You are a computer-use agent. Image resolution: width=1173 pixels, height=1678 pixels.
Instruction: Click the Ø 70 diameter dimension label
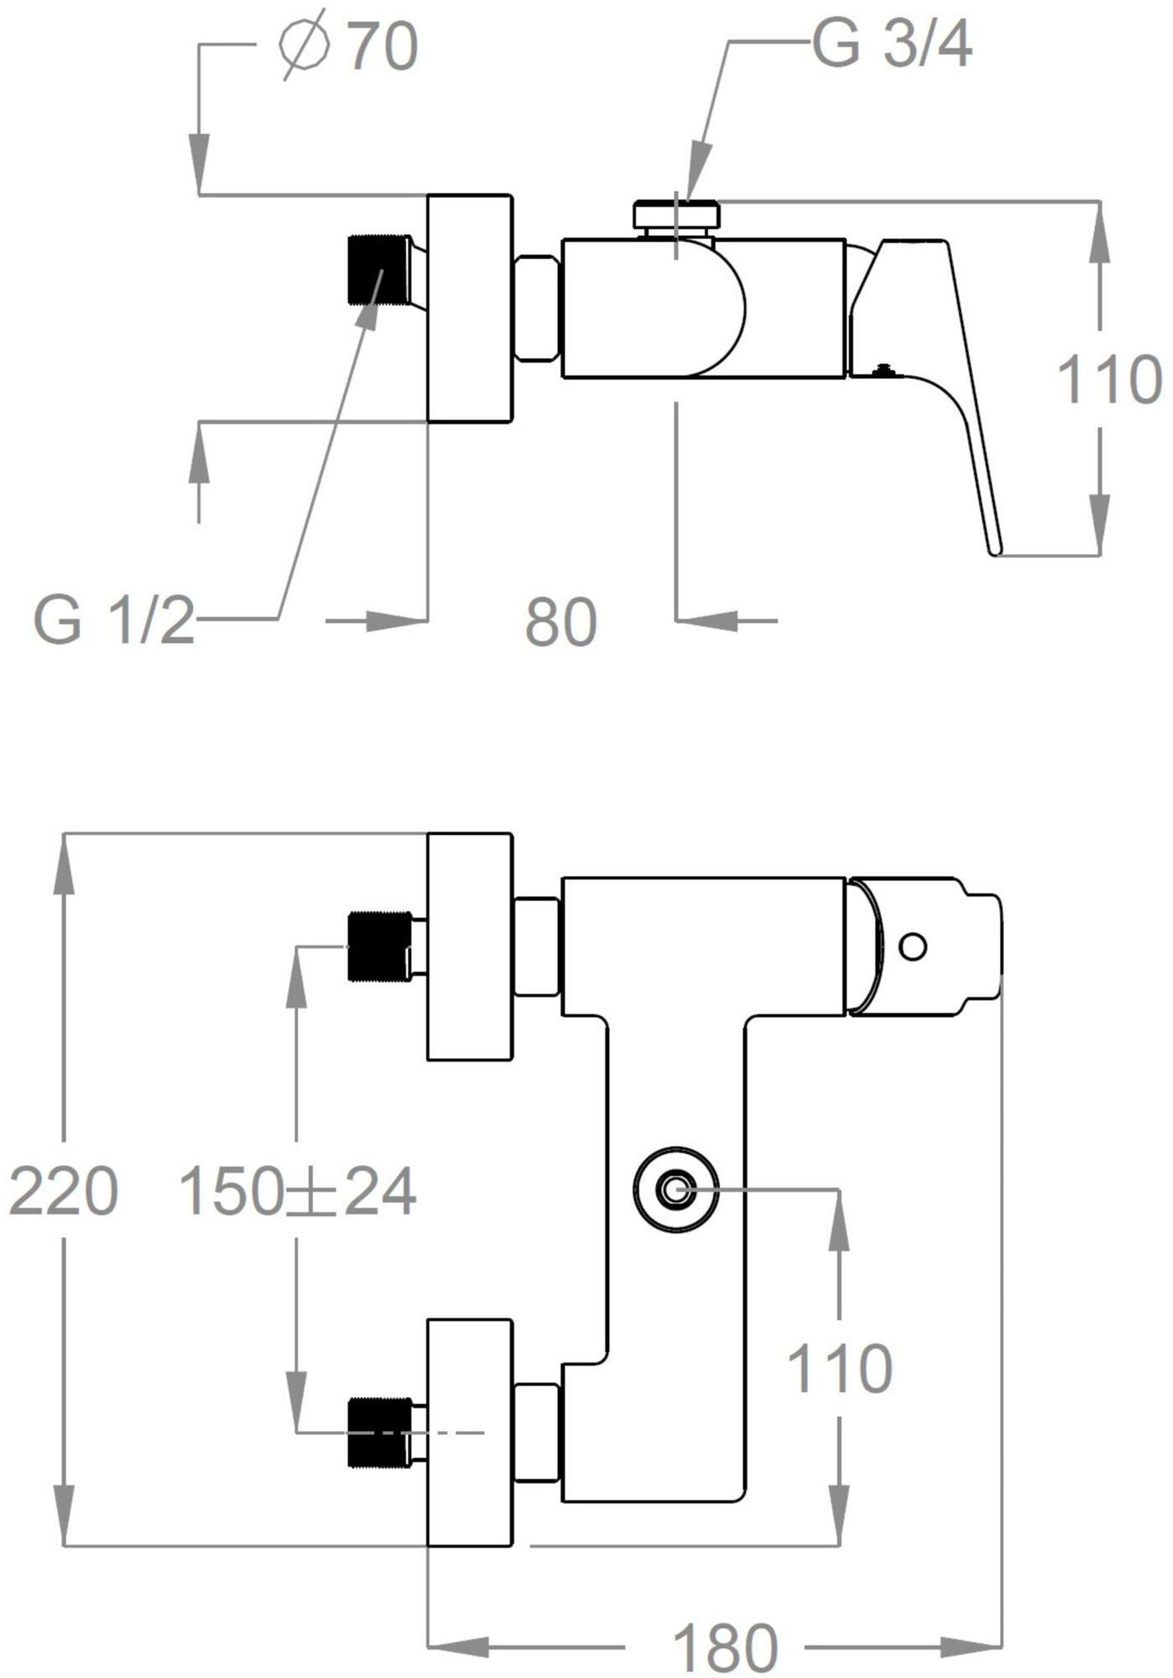pyautogui.click(x=349, y=47)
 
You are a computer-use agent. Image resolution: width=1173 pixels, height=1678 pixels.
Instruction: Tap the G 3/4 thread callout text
pyautogui.click(x=892, y=44)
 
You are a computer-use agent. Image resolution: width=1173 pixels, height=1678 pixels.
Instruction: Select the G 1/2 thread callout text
pyautogui.click(x=113, y=622)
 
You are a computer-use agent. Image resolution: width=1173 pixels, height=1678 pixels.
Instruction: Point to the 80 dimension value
pyautogui.click(x=560, y=623)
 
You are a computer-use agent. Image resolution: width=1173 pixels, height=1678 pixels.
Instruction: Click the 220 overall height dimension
pyautogui.click(x=63, y=1191)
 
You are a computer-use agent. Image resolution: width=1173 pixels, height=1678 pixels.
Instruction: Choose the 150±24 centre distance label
pyautogui.click(x=298, y=1191)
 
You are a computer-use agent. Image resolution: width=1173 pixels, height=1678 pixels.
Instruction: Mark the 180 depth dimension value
pyautogui.click(x=726, y=1648)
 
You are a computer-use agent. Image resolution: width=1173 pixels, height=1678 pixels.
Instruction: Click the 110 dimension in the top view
pyautogui.click(x=1108, y=380)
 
